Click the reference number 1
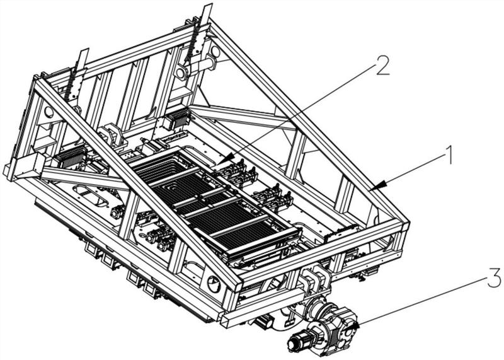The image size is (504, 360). click(448, 154)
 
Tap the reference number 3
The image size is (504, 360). click(494, 277)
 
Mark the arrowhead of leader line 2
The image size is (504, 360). click(226, 159)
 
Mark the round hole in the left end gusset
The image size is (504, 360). click(49, 112)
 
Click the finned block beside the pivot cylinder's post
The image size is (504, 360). click(177, 120)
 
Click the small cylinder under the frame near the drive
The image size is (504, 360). click(264, 322)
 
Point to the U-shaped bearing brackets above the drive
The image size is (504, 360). click(312, 278)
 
